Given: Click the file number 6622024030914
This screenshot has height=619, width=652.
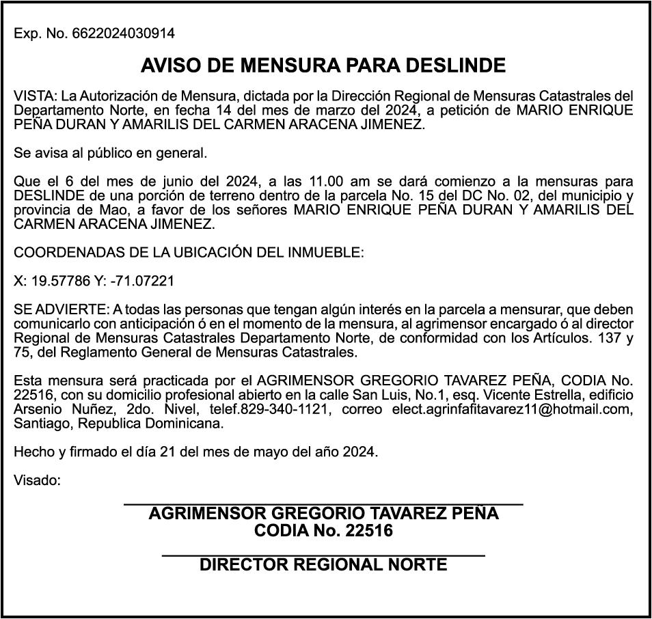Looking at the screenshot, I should click(123, 33).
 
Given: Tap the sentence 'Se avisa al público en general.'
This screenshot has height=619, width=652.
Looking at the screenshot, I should click(110, 153).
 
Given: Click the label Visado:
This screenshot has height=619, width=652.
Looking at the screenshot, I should click(37, 480).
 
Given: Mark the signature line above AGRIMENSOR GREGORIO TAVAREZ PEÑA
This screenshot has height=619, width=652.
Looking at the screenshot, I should click(323, 504).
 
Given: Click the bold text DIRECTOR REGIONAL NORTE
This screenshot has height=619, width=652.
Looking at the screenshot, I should click(323, 565).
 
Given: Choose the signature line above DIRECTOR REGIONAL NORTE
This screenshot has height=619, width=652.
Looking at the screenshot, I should click(323, 556).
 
